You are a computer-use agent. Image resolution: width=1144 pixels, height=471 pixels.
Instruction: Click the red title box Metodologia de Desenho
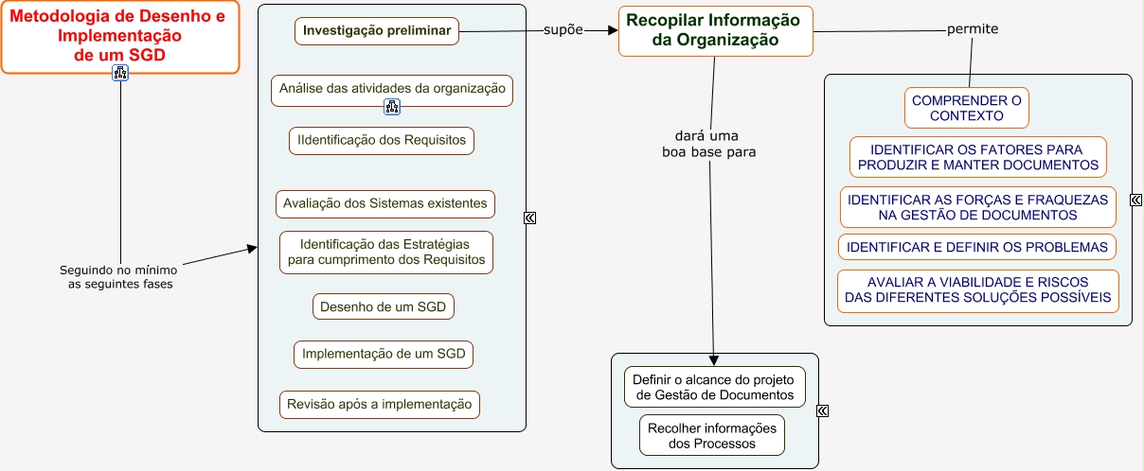pos(120,37)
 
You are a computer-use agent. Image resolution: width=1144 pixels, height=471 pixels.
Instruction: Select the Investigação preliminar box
pos(377,31)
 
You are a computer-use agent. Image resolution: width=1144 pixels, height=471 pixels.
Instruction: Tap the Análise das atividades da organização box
pos(392,89)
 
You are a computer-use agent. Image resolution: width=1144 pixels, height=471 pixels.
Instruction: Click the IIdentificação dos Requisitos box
pos(382,140)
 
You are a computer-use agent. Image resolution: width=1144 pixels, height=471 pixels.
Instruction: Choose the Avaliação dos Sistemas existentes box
pos(386,203)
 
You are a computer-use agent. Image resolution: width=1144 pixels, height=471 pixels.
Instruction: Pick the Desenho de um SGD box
pos(384,307)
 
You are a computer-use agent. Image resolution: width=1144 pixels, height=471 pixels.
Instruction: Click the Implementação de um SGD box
pos(384,355)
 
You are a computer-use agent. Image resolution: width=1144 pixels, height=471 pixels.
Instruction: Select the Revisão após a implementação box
pos(380,405)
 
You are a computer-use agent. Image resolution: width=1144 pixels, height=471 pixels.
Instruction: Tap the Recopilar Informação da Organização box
pos(714,30)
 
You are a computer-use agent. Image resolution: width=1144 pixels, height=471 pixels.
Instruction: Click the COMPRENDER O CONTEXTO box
pos(966,108)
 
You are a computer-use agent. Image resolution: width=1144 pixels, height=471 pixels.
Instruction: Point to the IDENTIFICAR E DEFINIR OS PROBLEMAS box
pos(977,248)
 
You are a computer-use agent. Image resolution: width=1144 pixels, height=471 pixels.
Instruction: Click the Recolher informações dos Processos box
pos(712,436)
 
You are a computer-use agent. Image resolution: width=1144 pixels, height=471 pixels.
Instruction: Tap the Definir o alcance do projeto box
pos(715,388)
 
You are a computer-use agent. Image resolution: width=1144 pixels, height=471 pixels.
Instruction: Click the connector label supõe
pos(563,29)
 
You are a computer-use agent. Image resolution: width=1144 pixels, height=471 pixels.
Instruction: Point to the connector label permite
pos(973,29)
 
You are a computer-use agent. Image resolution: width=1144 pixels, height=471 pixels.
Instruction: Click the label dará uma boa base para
pos(709,143)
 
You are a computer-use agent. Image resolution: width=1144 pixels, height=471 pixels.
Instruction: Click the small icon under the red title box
pos(120,74)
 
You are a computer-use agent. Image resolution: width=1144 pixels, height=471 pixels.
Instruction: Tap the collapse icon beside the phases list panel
pos(530,218)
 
